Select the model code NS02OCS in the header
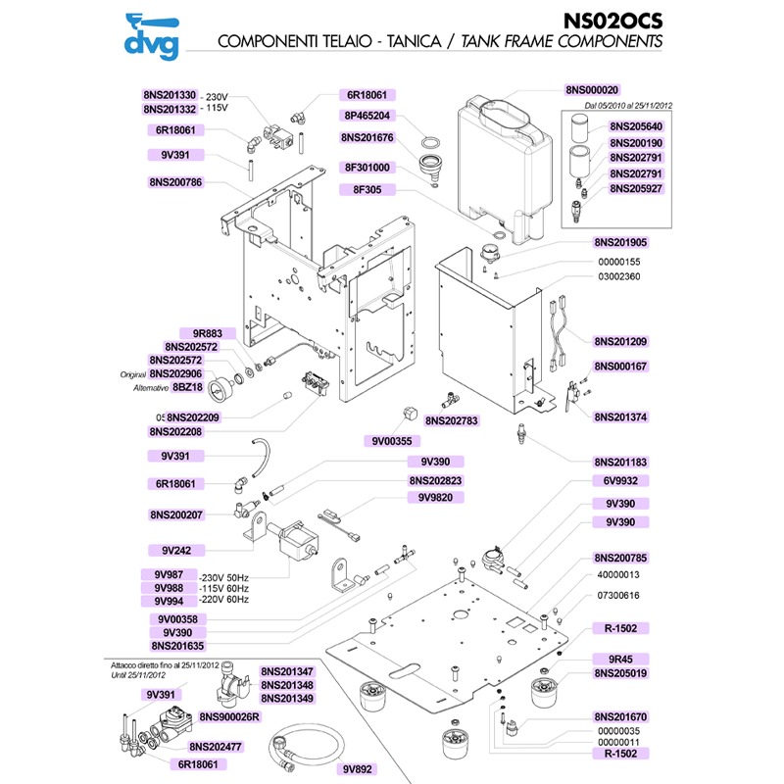coord(613,21)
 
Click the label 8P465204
coord(367,115)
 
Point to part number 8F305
coord(367,191)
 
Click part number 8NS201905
coord(620,241)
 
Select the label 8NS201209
coord(620,342)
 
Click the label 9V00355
coord(395,440)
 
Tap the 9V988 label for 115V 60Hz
coord(169,587)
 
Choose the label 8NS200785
coord(620,558)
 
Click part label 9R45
coord(620,660)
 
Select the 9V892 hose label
coord(367,769)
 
